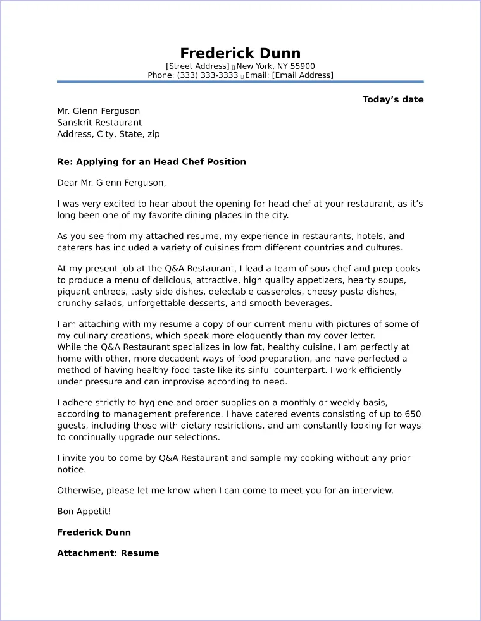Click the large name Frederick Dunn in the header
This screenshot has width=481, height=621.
[240, 52]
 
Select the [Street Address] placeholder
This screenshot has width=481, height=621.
[197, 66]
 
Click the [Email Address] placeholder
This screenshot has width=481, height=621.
[302, 75]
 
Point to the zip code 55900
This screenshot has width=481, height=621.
[302, 66]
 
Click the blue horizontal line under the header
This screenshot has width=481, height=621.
[240, 82]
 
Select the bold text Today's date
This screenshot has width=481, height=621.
[392, 99]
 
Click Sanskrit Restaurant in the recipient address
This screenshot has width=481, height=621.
[99, 122]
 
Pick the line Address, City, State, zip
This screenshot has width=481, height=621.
[108, 134]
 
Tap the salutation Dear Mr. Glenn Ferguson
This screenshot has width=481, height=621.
[111, 183]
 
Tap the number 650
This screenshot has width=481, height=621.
[413, 414]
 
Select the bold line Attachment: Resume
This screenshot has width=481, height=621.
[108, 553]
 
